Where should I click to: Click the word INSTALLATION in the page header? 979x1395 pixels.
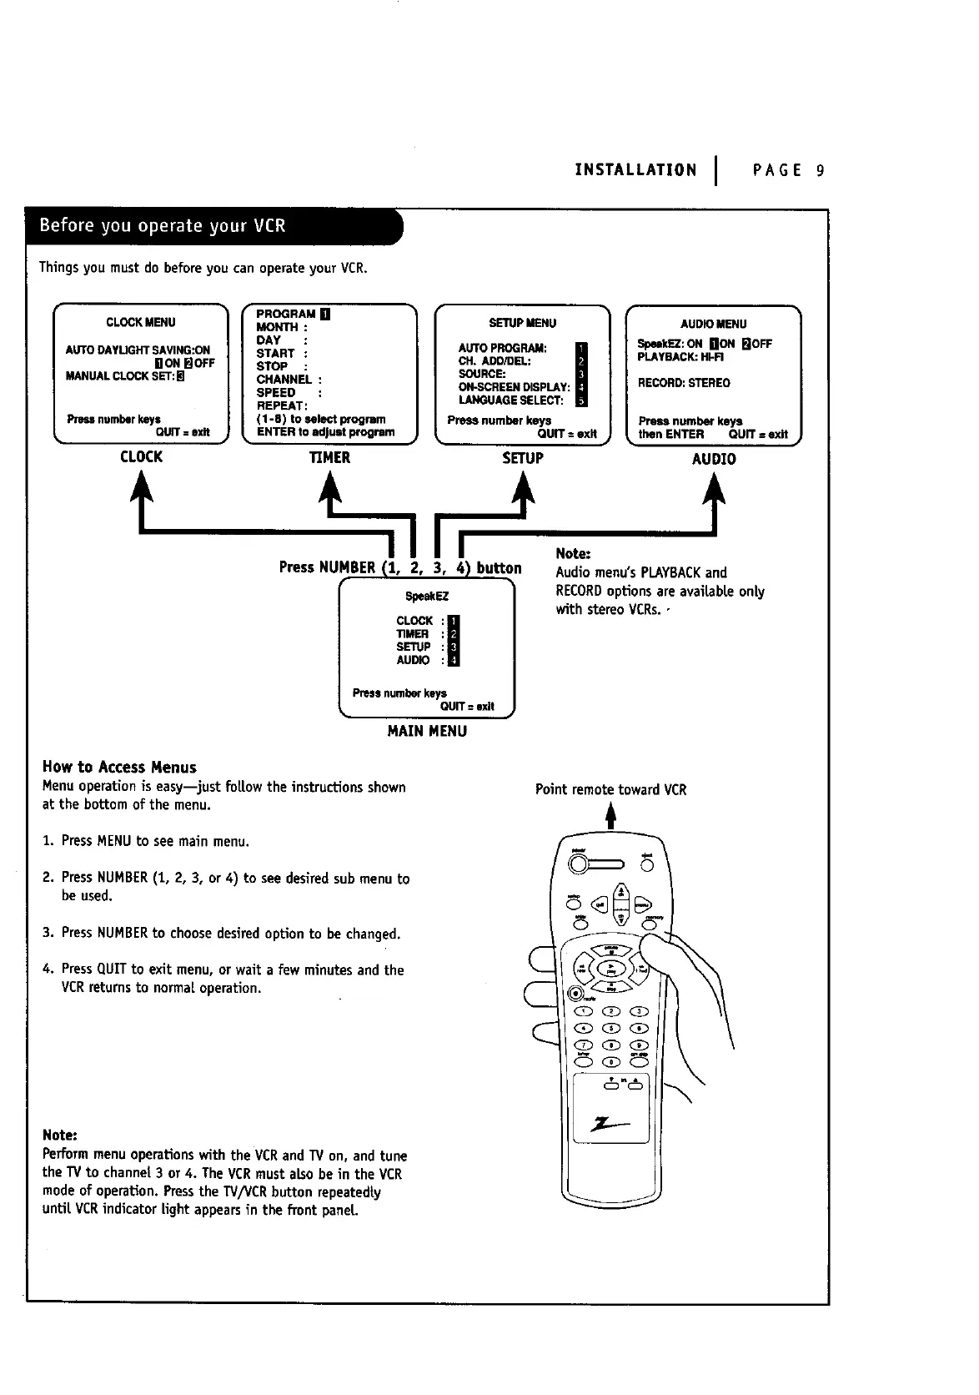click(x=635, y=171)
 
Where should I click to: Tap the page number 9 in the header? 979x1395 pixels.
click(x=821, y=171)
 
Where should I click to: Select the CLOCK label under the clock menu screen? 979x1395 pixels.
click(x=141, y=456)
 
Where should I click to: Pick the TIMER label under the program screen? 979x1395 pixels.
click(x=329, y=457)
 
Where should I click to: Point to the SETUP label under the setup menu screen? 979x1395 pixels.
click(x=523, y=458)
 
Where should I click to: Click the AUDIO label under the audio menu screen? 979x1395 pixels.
click(x=714, y=459)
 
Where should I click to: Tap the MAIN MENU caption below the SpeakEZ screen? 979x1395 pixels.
click(x=427, y=731)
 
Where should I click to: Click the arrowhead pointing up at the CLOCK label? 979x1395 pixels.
click(x=143, y=486)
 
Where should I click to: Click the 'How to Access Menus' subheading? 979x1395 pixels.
click(x=119, y=767)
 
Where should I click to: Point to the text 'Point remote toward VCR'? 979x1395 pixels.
click(x=610, y=789)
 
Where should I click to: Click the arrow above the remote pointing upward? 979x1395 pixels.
click(x=610, y=813)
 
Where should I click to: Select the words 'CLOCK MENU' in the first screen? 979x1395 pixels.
click(x=141, y=322)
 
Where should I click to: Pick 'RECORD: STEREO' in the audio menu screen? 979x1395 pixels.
click(x=684, y=383)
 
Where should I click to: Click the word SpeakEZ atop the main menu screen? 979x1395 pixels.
click(x=427, y=597)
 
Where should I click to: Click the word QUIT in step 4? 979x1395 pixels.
click(x=111, y=969)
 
